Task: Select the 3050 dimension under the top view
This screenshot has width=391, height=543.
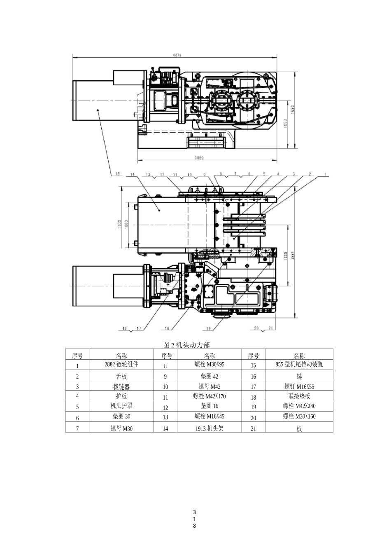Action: click(x=199, y=158)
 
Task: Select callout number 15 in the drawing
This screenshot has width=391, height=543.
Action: click(x=117, y=174)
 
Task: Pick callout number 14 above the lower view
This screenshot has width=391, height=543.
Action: click(x=132, y=174)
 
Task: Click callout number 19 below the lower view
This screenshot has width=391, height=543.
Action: click(x=208, y=328)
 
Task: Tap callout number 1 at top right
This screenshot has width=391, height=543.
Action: click(x=325, y=174)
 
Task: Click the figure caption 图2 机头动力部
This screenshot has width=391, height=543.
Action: click(x=186, y=345)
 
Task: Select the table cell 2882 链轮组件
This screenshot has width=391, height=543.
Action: click(x=121, y=364)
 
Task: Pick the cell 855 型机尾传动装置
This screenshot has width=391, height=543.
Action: click(x=299, y=364)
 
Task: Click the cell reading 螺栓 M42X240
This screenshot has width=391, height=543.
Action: click(x=299, y=406)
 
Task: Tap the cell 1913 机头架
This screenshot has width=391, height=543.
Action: click(x=209, y=428)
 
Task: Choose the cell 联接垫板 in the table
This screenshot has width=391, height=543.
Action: click(x=299, y=396)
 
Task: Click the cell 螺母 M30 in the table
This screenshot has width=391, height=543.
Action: click(x=121, y=428)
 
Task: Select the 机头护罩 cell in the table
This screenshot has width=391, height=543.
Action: click(x=121, y=406)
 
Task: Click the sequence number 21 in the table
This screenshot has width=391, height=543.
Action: click(x=254, y=428)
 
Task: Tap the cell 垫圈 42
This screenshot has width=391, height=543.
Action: click(x=209, y=376)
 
